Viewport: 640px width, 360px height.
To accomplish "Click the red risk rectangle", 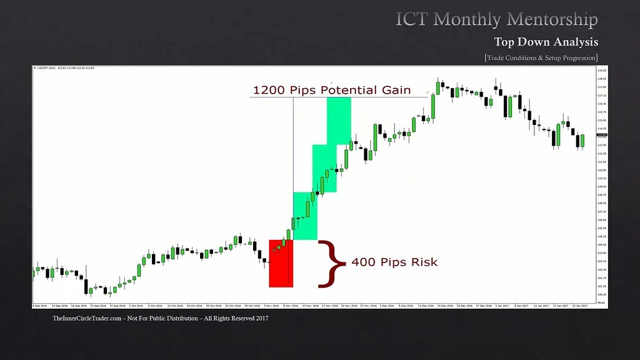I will tap(281, 264).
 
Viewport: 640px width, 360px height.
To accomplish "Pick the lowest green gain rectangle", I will tap(305, 216).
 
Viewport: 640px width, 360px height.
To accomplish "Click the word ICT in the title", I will tap(412, 19).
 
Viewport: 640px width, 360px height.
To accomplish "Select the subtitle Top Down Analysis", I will tap(546, 42).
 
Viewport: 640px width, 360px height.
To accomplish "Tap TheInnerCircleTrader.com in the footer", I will tap(92, 319).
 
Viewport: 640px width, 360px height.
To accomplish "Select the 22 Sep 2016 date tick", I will tap(98, 306).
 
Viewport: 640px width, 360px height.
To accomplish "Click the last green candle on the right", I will tap(582, 141).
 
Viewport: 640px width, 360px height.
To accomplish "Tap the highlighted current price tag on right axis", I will tap(602, 135).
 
